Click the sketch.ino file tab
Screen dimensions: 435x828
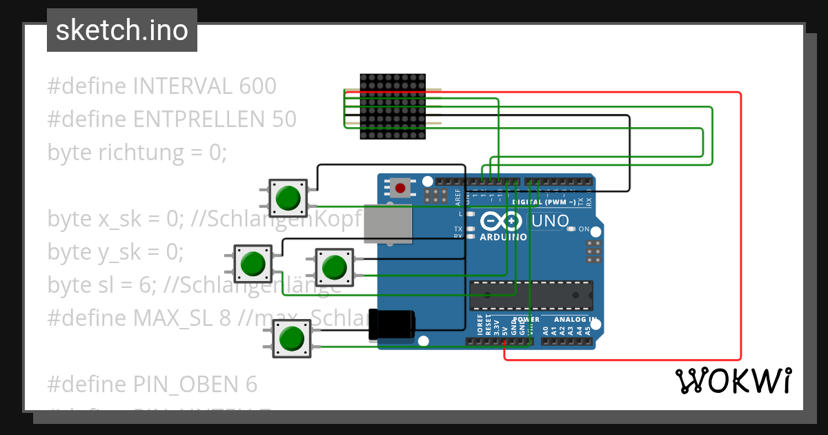121,30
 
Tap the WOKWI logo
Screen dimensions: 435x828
733,381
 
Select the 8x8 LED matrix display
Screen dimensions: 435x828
393,107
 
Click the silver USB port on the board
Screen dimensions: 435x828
388,224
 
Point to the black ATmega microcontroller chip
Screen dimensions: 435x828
531,294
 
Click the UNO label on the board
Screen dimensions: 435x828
550,222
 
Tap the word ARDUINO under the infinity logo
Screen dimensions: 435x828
503,237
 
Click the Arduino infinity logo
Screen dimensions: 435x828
502,222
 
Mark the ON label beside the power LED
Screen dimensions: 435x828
584,229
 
